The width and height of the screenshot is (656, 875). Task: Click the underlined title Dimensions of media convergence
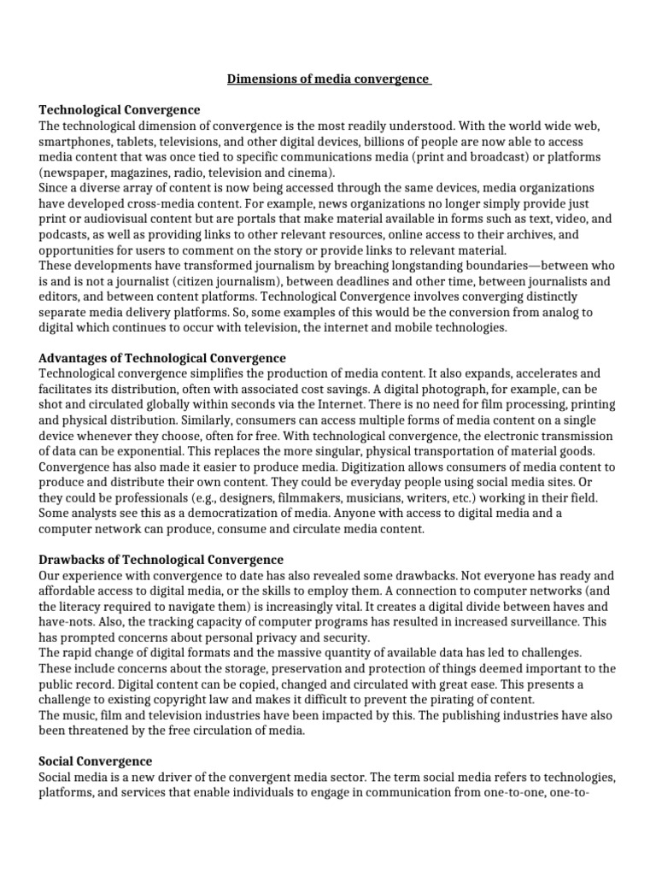tap(329, 79)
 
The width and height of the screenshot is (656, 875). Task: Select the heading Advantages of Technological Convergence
tap(162, 358)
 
